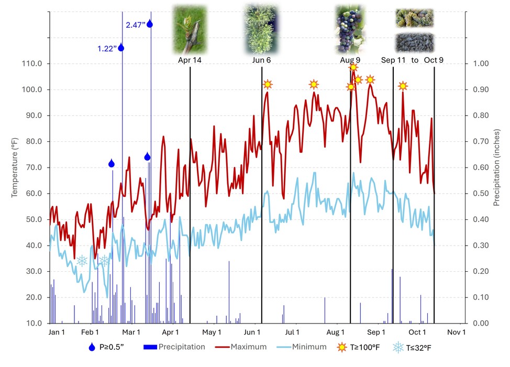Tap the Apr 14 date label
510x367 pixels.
[x=190, y=60]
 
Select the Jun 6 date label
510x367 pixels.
[x=261, y=60]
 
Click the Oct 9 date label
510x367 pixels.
[x=434, y=60]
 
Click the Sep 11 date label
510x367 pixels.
[x=393, y=60]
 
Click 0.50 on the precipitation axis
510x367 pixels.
[x=480, y=194]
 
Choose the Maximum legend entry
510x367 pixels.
[x=248, y=347]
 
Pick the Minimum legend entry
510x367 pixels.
[x=309, y=347]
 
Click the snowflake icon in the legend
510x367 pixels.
[x=398, y=347]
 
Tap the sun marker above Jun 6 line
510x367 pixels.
[x=268, y=84]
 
